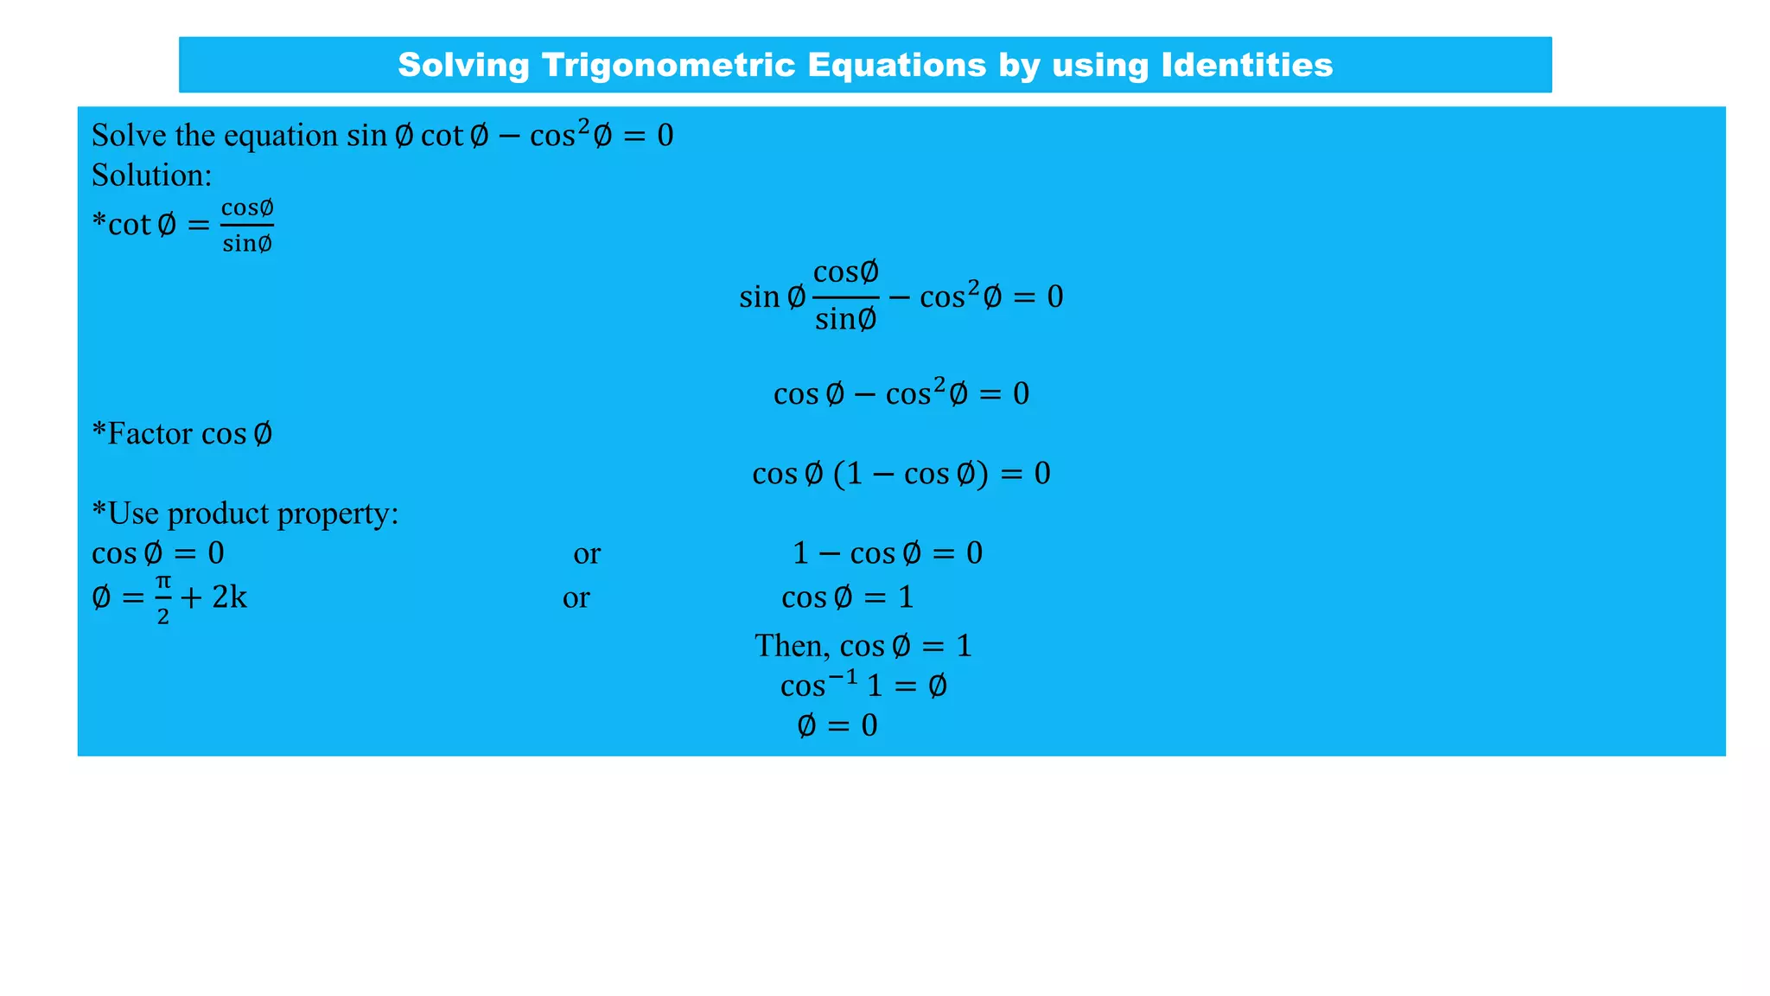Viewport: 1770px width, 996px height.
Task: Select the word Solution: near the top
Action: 152,176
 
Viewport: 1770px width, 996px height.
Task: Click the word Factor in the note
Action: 150,433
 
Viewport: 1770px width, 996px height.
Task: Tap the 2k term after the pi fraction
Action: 229,597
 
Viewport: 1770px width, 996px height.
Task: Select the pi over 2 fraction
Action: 163,598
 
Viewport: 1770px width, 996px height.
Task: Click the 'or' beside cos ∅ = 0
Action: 587,553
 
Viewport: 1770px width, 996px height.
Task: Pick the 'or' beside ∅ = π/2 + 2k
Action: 576,597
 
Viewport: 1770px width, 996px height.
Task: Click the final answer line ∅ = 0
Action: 837,725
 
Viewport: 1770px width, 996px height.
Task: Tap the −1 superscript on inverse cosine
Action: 843,676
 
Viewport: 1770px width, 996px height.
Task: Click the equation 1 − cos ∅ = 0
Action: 888,553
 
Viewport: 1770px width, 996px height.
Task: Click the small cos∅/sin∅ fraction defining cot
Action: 247,226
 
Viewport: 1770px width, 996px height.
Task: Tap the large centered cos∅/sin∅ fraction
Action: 846,296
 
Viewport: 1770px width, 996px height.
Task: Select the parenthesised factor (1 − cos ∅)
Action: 910,474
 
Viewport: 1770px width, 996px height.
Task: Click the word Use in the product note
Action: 134,514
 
